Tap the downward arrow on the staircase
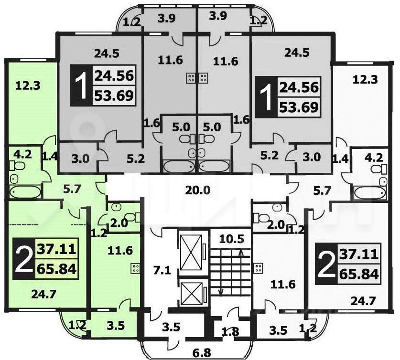pos(221,290)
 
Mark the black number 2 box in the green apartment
pos(22,259)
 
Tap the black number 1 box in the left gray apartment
pos(80,86)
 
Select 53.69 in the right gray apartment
pos(301,107)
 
